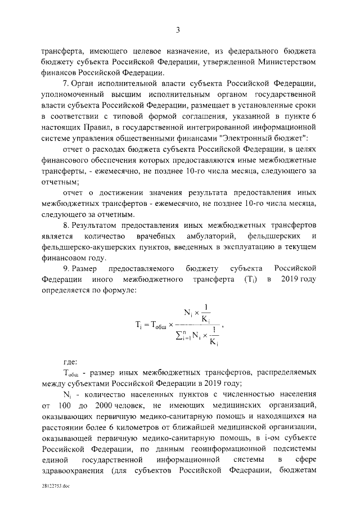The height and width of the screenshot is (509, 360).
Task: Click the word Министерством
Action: pyautogui.click(x=284, y=61)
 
